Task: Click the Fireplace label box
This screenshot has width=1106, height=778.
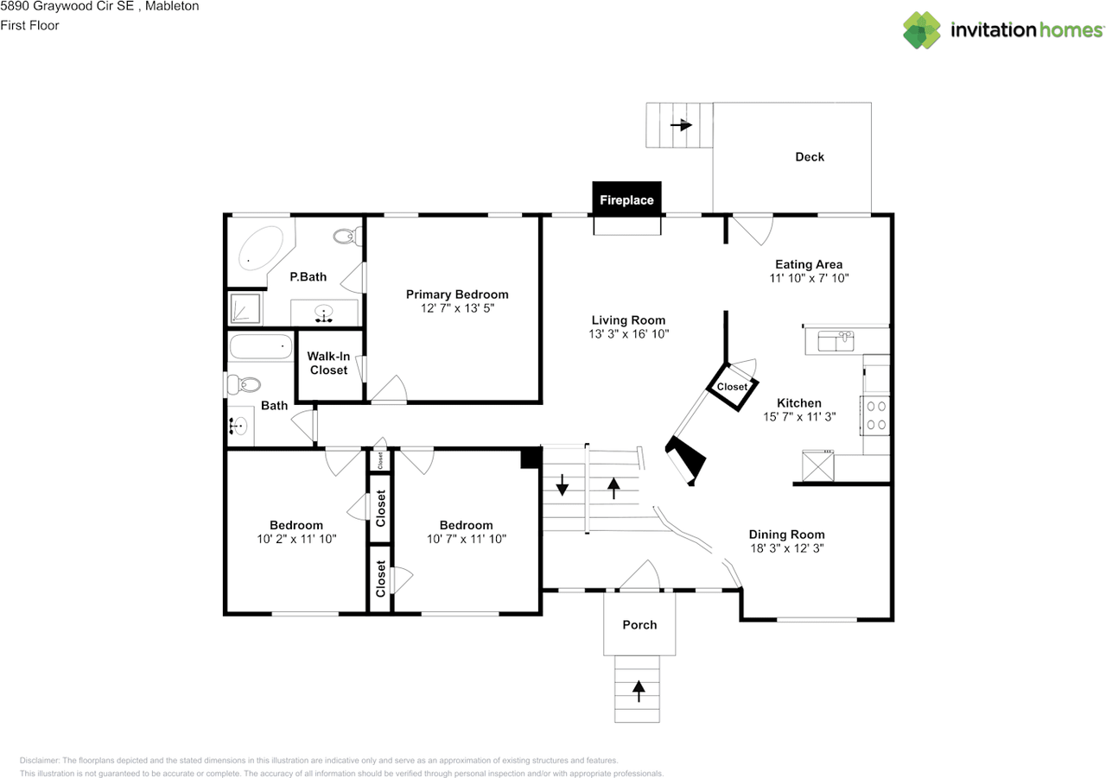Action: pos(626,199)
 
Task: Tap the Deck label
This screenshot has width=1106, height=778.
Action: pos(810,157)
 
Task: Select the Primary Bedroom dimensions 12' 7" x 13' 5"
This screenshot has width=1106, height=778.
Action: pos(457,308)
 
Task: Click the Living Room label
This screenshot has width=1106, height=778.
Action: pos(628,320)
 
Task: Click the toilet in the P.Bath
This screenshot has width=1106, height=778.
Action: pos(347,237)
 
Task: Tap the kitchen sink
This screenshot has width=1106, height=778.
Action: pos(836,341)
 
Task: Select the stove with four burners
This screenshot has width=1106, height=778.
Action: pos(875,415)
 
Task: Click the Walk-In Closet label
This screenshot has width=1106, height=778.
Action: pos(328,364)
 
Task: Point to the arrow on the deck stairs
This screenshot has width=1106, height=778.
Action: pos(681,125)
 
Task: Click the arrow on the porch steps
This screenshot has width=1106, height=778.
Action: pos(639,691)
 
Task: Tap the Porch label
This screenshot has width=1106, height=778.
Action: pos(639,624)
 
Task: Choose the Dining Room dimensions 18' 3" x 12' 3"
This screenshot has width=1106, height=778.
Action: pos(787,548)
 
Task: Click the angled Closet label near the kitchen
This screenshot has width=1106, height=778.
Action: pos(732,387)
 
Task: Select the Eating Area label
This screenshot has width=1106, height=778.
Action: pos(809,264)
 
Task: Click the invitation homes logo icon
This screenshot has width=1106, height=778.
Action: pos(922,30)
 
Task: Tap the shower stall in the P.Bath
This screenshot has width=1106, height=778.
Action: pos(245,309)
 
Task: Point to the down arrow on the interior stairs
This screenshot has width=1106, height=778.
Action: pos(562,484)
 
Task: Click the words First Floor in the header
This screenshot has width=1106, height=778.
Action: pos(29,25)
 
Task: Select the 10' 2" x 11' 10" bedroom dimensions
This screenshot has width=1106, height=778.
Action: pos(296,539)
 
